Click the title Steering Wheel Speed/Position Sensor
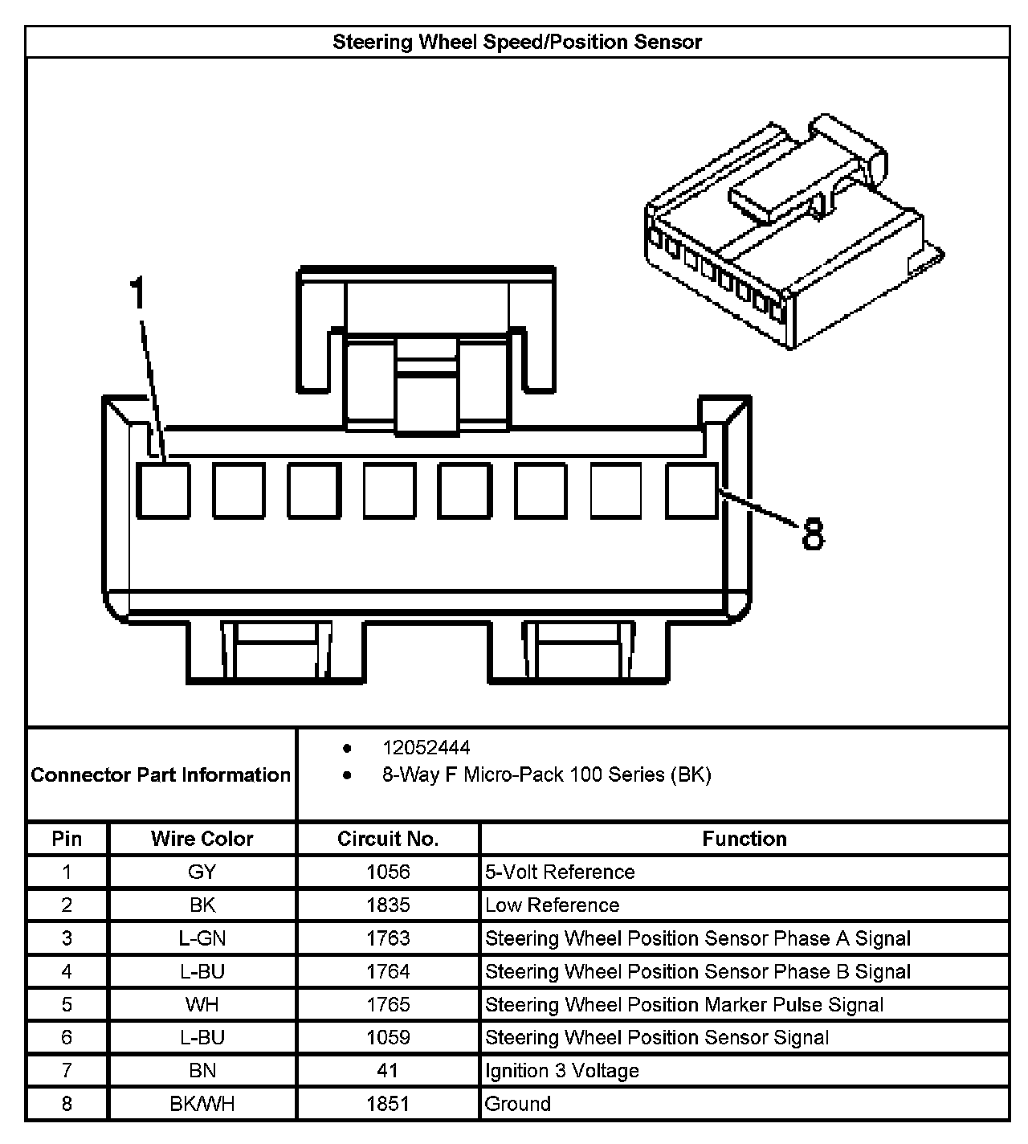(517, 42)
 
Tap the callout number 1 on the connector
(139, 294)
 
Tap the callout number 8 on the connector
(813, 534)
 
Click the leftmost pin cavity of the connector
(163, 489)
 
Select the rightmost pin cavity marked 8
(692, 489)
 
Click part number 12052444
(426, 748)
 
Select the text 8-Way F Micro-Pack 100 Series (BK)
(546, 775)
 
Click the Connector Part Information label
(161, 775)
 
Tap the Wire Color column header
(202, 840)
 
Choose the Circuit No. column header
(388, 840)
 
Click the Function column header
(744, 840)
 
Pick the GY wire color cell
(202, 872)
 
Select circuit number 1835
(388, 905)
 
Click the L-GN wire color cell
(202, 938)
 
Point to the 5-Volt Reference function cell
(560, 872)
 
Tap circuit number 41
(388, 1071)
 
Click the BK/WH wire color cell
(202, 1104)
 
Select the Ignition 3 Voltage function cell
(562, 1071)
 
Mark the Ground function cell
(518, 1104)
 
